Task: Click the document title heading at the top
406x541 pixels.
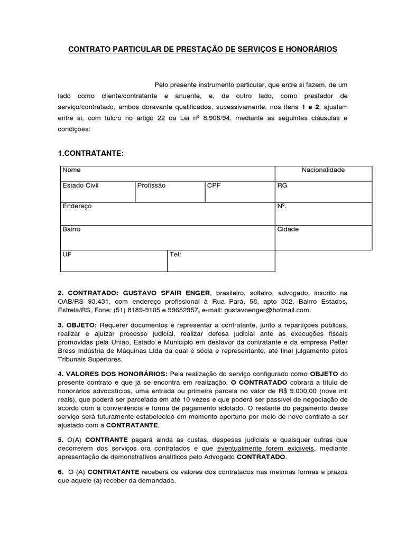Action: [203, 49]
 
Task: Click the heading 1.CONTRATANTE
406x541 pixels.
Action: [90, 153]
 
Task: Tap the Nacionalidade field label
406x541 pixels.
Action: [322, 170]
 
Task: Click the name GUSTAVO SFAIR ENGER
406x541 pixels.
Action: [167, 293]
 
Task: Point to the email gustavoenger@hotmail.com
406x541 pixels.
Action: [268, 310]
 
